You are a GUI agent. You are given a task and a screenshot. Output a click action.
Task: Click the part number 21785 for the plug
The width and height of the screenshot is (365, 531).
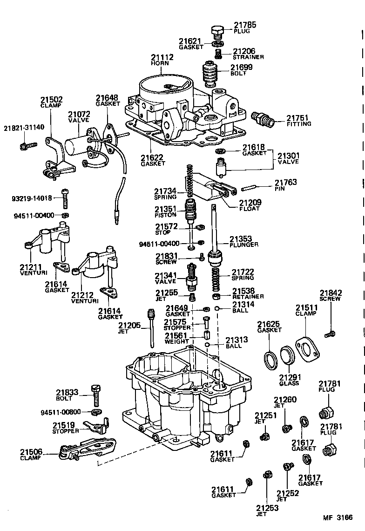244,25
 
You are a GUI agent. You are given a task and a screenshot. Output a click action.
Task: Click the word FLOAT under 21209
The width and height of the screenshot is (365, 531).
250,208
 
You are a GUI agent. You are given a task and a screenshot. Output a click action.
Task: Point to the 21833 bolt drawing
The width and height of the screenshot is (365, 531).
97,395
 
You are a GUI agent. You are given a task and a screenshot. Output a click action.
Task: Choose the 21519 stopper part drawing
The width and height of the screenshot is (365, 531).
96,425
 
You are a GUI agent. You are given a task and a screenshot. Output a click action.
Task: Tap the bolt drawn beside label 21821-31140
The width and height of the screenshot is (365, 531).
25,146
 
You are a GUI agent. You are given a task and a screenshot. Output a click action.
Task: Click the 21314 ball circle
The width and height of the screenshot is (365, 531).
217,309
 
